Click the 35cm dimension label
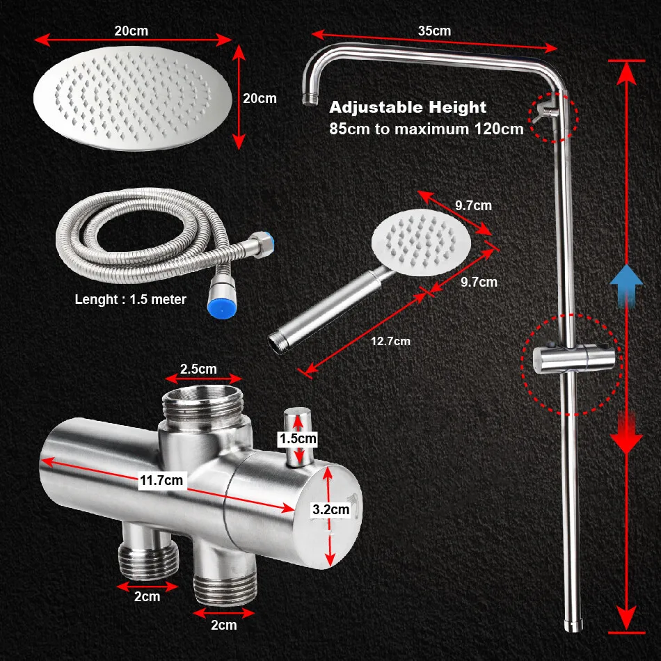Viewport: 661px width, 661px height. (434, 31)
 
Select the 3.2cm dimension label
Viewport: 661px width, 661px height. (330, 509)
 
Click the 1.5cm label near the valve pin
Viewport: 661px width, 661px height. (298, 439)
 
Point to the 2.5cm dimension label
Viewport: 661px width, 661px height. (199, 368)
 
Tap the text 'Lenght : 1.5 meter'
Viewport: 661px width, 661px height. (131, 300)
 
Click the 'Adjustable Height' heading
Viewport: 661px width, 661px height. (408, 107)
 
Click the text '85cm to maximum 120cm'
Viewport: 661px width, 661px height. (426, 129)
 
